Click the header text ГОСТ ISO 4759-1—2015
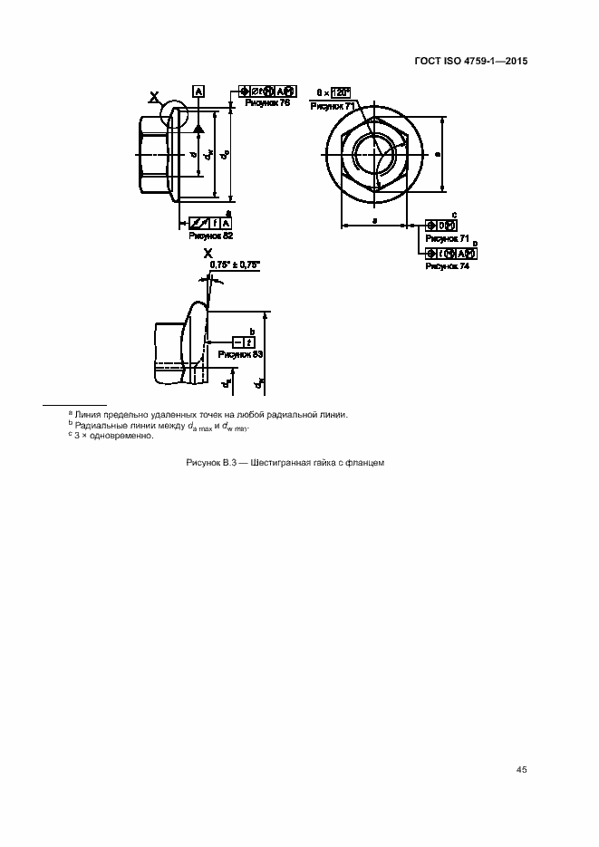click(x=472, y=62)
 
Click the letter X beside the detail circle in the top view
click(x=155, y=95)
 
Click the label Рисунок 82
click(x=210, y=235)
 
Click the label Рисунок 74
click(x=447, y=265)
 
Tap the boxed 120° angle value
click(x=341, y=91)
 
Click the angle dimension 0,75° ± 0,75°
click(x=234, y=265)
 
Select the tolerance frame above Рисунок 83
click(x=242, y=342)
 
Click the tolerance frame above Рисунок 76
click(x=267, y=91)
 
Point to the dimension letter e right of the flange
click(x=437, y=154)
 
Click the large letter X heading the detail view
click(x=208, y=255)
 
